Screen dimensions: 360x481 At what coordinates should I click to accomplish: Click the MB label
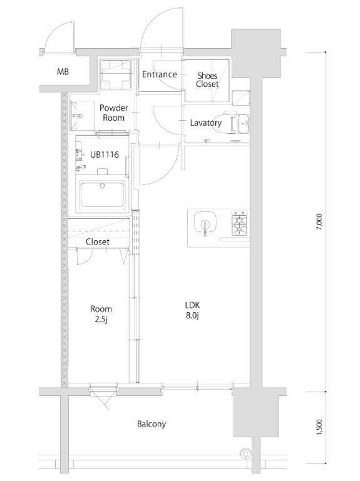point(63,72)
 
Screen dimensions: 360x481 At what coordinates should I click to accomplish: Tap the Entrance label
point(160,74)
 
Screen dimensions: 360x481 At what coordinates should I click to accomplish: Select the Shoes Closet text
point(207,80)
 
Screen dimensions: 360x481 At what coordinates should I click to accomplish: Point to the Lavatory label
point(206,123)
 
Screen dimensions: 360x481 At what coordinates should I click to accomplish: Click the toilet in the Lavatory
point(230,123)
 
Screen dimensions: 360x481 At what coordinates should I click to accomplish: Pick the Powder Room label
point(114,113)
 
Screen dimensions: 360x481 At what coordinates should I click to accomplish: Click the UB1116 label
point(105,154)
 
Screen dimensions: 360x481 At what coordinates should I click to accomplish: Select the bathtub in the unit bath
point(102,195)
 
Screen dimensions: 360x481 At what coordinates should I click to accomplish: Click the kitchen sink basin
point(205,223)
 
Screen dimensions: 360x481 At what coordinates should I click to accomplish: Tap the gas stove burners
point(240,223)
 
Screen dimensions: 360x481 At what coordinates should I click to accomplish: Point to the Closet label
point(98,242)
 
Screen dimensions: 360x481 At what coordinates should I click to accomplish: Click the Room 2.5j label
point(101,314)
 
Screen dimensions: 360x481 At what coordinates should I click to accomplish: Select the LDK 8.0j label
point(193,310)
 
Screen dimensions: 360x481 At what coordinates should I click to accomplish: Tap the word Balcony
point(152,424)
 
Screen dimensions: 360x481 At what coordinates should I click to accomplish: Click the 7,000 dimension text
point(319,222)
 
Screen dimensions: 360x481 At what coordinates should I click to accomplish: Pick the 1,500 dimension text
point(319,427)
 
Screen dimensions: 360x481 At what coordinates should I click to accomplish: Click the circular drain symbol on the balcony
point(245,453)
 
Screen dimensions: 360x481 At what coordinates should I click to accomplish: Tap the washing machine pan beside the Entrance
point(116,74)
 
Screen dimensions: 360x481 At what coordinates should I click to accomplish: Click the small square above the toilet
point(241,98)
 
